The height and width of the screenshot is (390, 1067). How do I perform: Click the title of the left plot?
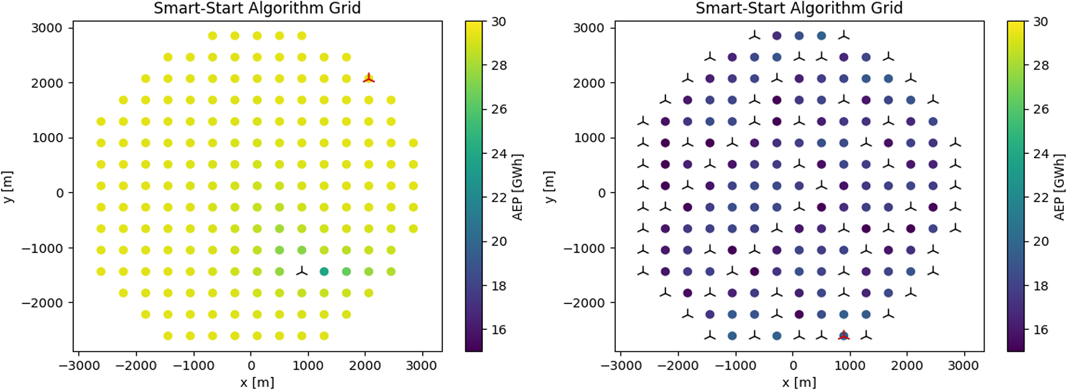[257, 9]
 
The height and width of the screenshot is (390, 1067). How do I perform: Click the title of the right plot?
[799, 9]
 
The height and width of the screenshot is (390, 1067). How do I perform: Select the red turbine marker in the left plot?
[369, 78]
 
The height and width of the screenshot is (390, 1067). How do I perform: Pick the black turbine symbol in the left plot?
[302, 271]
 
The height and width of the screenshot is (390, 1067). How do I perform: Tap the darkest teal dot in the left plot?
[324, 271]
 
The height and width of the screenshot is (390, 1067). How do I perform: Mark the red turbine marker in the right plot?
[843, 336]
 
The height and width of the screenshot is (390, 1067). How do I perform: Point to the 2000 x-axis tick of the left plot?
[365, 366]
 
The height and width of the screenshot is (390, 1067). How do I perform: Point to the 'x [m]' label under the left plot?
[257, 382]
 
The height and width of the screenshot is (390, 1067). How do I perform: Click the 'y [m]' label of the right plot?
[550, 187]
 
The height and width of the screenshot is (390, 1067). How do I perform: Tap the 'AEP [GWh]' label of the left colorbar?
[517, 187]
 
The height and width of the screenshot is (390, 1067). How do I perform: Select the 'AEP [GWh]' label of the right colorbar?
[1059, 187]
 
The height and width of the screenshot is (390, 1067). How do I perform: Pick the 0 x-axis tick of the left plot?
[251, 366]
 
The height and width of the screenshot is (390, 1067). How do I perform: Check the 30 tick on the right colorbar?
[1041, 22]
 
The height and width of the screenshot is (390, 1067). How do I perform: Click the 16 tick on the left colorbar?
[499, 330]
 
